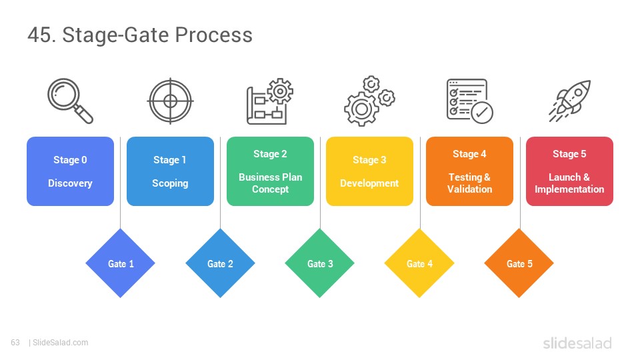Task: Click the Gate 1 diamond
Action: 121,263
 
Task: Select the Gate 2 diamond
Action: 221,263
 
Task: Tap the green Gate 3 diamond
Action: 320,263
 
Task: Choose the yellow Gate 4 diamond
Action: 419,263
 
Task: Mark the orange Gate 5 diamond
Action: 519,263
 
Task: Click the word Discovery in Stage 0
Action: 70,183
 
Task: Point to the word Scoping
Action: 170,183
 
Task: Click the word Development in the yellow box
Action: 369,183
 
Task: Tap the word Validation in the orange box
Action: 469,189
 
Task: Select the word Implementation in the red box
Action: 569,189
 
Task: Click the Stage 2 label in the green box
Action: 270,154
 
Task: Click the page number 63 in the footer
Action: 15,343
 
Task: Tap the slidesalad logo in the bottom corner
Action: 577,343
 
